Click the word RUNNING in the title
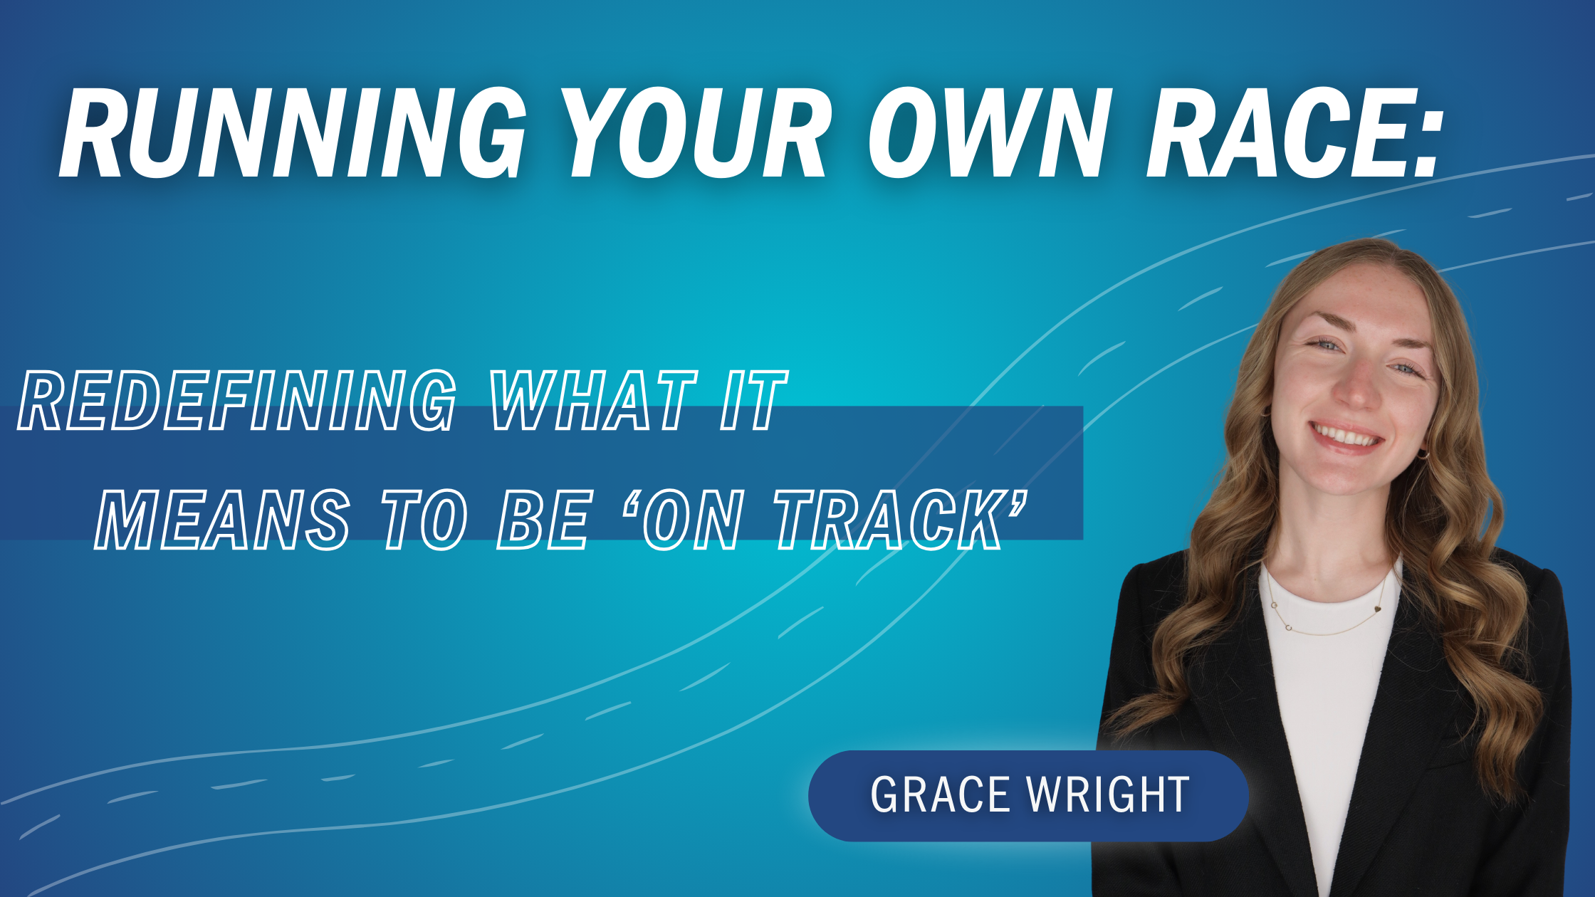pyautogui.click(x=292, y=133)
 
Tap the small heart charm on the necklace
pyautogui.click(x=1377, y=609)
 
